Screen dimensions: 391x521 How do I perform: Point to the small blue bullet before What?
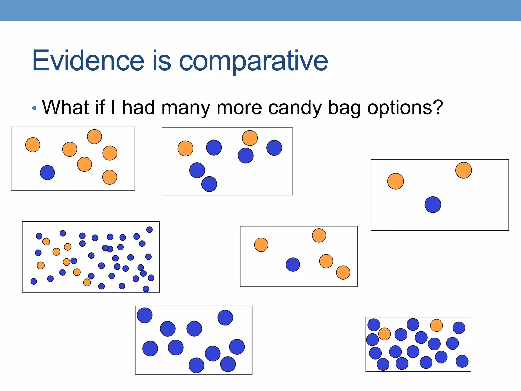34,108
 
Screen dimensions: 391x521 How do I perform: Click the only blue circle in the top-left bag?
47,173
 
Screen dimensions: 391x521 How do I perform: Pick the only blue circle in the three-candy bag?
433,204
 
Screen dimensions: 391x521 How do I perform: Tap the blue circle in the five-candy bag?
293,264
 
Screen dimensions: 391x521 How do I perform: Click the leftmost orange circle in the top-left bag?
33,145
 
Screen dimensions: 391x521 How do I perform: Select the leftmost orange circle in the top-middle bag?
185,148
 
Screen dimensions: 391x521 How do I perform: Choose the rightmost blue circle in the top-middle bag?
274,148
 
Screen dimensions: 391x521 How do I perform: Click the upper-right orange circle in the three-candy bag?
464,170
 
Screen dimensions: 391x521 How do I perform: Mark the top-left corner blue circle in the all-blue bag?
144,315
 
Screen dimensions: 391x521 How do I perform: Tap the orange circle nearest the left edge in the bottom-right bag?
384,334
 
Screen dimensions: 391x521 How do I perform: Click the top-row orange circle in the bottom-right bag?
436,325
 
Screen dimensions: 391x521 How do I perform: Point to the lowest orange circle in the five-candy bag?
343,272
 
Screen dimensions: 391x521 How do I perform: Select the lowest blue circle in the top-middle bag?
209,184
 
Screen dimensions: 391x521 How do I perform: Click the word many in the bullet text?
185,107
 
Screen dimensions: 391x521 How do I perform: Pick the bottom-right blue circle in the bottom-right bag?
462,361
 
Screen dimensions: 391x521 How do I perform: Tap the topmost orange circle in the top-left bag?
94,137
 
